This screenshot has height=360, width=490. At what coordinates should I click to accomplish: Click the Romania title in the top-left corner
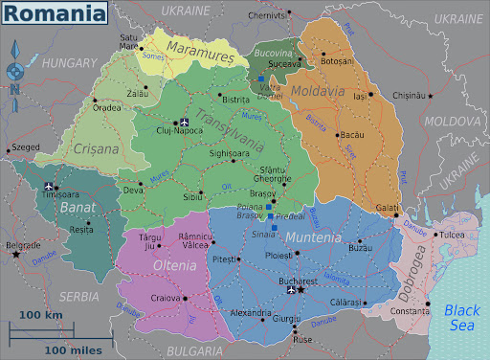coord(55,13)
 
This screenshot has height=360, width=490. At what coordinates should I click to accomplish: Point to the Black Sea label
coord(463,316)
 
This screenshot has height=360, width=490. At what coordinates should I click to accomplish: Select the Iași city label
coord(360,97)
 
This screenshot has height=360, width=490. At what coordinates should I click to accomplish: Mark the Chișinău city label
coord(407,96)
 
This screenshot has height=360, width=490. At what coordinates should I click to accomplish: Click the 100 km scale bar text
coord(40,315)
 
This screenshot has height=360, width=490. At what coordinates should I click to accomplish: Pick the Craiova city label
coord(165,298)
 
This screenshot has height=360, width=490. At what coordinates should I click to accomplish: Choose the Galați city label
coord(387,208)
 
